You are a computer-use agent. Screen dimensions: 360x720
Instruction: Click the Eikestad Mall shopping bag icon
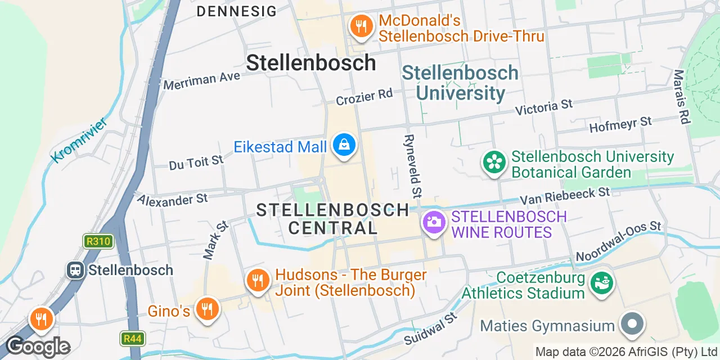tap(344, 146)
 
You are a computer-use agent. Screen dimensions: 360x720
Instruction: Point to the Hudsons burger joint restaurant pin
tap(258, 280)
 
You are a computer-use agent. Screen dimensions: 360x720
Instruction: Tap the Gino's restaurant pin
tap(208, 309)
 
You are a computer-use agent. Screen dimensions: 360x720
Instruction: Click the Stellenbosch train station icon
tap(75, 270)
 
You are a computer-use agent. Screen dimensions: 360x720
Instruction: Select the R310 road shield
tap(99, 242)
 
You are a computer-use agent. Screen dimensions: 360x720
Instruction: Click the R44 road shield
tap(133, 339)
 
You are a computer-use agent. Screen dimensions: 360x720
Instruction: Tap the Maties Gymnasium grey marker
tap(632, 325)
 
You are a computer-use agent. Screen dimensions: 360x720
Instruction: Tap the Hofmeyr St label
tap(620, 124)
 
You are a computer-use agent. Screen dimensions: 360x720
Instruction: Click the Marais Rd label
tap(681, 96)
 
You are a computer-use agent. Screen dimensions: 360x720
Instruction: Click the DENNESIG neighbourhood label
tap(237, 11)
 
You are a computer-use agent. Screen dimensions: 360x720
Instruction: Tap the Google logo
tap(38, 347)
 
